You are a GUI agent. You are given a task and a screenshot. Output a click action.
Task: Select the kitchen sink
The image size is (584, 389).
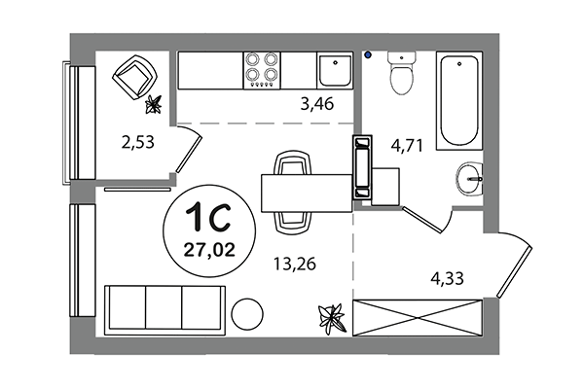[x=334, y=71]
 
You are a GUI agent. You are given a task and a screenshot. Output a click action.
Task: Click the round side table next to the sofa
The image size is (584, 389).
[x=249, y=315]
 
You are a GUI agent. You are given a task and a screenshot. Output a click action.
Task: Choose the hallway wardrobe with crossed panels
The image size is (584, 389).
[x=418, y=316]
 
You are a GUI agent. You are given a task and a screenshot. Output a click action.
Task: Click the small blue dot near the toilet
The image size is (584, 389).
[x=369, y=55]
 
